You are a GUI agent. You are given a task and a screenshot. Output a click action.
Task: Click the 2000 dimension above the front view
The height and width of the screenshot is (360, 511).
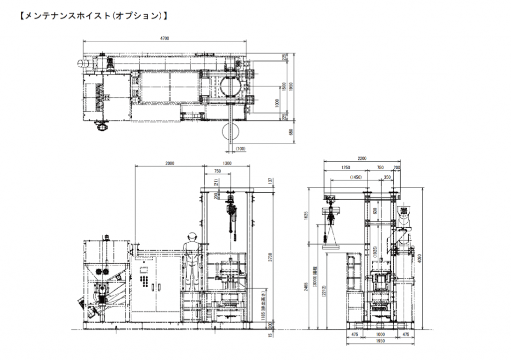pyautogui.click(x=169, y=164)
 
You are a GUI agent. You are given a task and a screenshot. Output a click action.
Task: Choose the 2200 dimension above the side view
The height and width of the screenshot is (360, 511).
pyautogui.click(x=362, y=158)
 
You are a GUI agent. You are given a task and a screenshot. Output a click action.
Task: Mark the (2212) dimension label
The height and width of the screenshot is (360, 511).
pyautogui.click(x=323, y=292)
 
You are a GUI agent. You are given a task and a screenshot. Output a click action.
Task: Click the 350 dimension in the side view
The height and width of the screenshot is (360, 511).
pyautogui.click(x=388, y=177)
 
